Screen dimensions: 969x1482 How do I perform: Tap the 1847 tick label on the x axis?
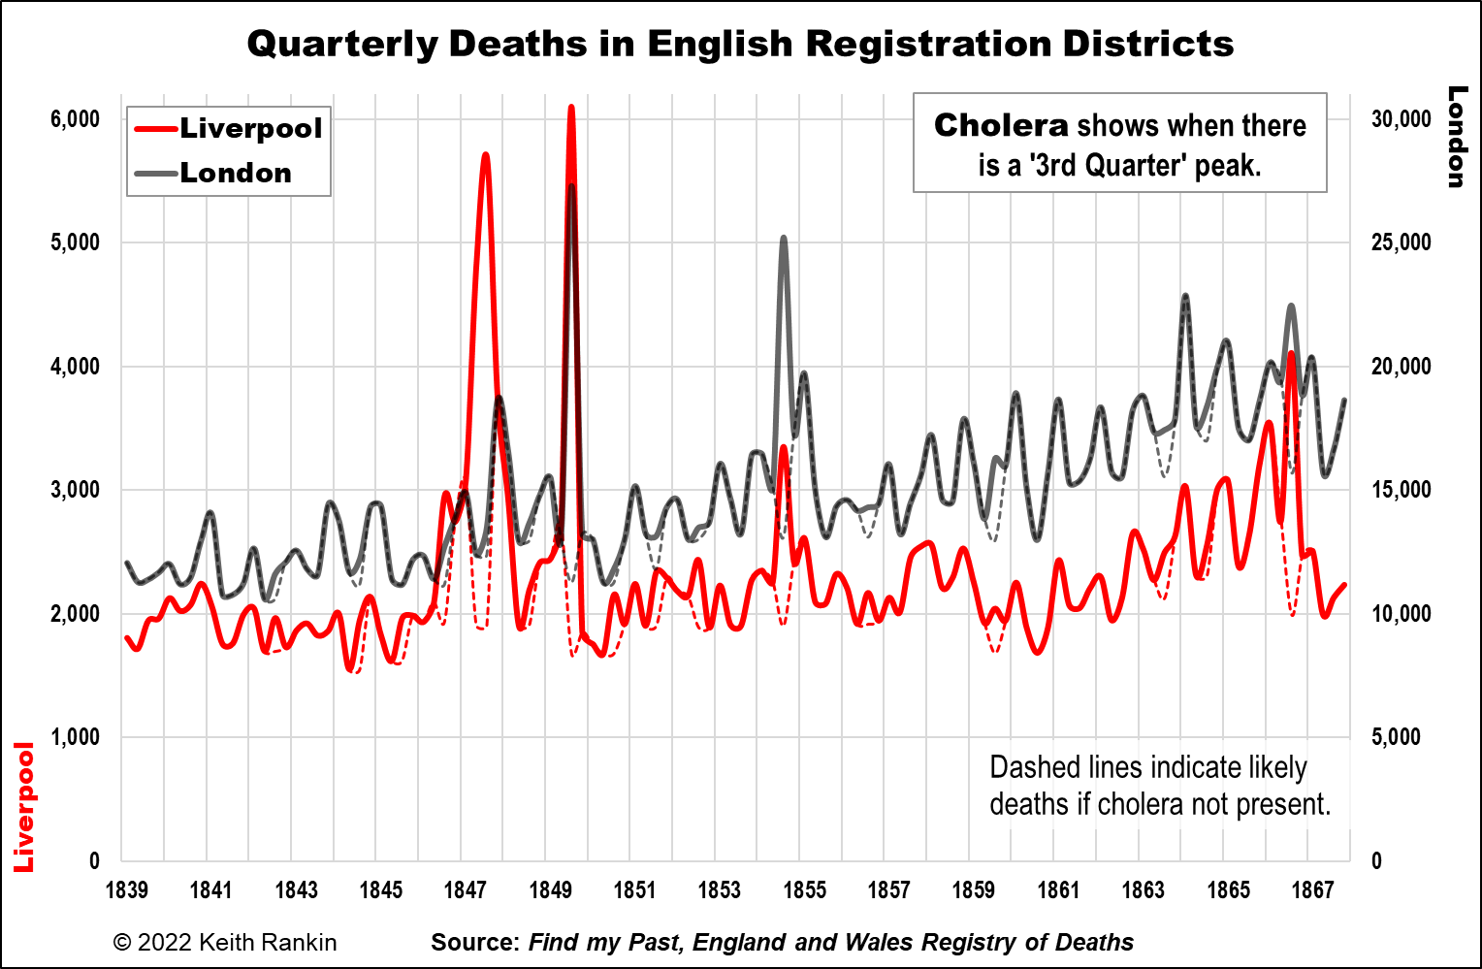pyautogui.click(x=465, y=889)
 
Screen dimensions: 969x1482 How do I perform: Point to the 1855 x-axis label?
pyautogui.click(x=804, y=889)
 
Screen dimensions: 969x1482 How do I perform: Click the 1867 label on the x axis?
pyautogui.click(x=1312, y=889)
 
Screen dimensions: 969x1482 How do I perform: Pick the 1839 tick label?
pyautogui.click(x=126, y=889)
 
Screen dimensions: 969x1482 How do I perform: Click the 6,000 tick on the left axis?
pyautogui.click(x=76, y=119)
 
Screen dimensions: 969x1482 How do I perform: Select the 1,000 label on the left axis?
pyautogui.click(x=76, y=737)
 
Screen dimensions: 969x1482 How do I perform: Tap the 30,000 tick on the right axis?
pyautogui.click(x=1401, y=119)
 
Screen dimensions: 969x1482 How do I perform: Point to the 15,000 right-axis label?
pyautogui.click(x=1401, y=490)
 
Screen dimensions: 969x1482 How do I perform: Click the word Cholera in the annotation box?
pyautogui.click(x=1001, y=126)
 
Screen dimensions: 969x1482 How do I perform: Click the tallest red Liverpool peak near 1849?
pyautogui.click(x=571, y=108)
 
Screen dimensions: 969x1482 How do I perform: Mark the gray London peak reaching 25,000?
pyautogui.click(x=783, y=238)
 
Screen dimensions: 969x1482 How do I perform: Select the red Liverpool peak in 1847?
pyautogui.click(x=485, y=155)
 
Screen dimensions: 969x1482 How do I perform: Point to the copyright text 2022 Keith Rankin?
pyautogui.click(x=225, y=942)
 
